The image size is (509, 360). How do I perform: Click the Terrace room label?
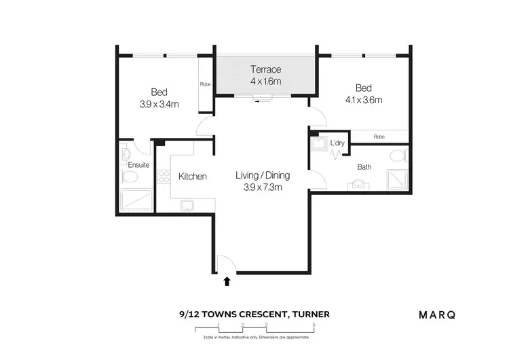tap(265, 69)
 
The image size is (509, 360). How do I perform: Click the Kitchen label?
tap(192, 177)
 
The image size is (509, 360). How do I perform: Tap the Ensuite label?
tap(138, 165)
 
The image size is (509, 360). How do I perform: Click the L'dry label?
tap(337, 143)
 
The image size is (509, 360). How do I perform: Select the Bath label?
tap(365, 166)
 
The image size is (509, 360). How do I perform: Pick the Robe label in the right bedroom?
tap(379, 137)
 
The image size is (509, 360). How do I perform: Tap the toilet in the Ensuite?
tap(129, 178)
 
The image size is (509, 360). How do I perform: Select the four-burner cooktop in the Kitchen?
tap(163, 178)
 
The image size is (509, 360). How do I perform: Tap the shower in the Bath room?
tap(396, 179)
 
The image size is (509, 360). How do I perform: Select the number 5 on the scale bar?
tap(314, 325)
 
